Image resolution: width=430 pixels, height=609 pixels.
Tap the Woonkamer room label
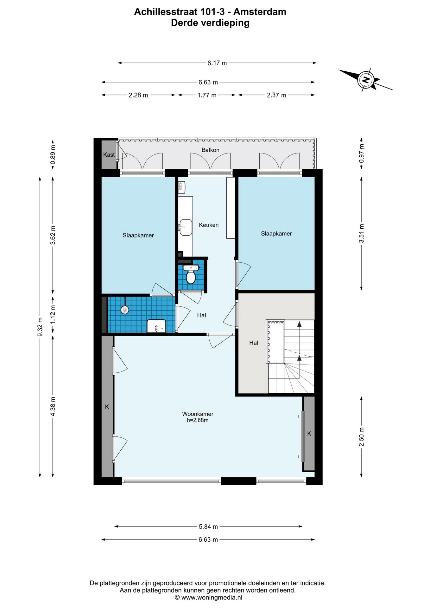coord(198,414)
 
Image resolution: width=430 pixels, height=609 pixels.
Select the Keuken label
coord(209,225)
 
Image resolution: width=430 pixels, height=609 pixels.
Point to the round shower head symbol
coord(125,310)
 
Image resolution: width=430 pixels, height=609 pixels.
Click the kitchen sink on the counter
coord(186,227)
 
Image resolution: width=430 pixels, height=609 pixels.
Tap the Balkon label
coord(210,150)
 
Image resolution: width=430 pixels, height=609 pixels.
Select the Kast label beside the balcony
coord(109,154)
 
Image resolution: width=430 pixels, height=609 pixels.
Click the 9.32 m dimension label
coord(40,327)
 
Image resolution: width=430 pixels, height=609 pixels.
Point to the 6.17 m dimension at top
coord(217,63)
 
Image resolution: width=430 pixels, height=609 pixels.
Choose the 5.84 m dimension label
coord(208,527)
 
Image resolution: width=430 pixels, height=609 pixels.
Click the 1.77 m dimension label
coord(207,95)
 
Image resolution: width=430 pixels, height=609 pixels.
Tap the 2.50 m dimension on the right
coord(361,436)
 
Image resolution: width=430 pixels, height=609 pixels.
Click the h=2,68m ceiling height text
coord(198,420)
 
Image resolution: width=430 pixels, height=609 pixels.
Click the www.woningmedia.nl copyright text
coord(208,598)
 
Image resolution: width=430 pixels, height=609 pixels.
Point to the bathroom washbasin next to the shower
coord(156,326)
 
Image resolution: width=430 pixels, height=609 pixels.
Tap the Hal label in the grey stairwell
coord(253,343)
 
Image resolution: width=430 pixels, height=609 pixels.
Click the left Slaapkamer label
coord(138,235)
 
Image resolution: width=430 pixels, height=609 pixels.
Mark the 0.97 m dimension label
coord(361,154)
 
